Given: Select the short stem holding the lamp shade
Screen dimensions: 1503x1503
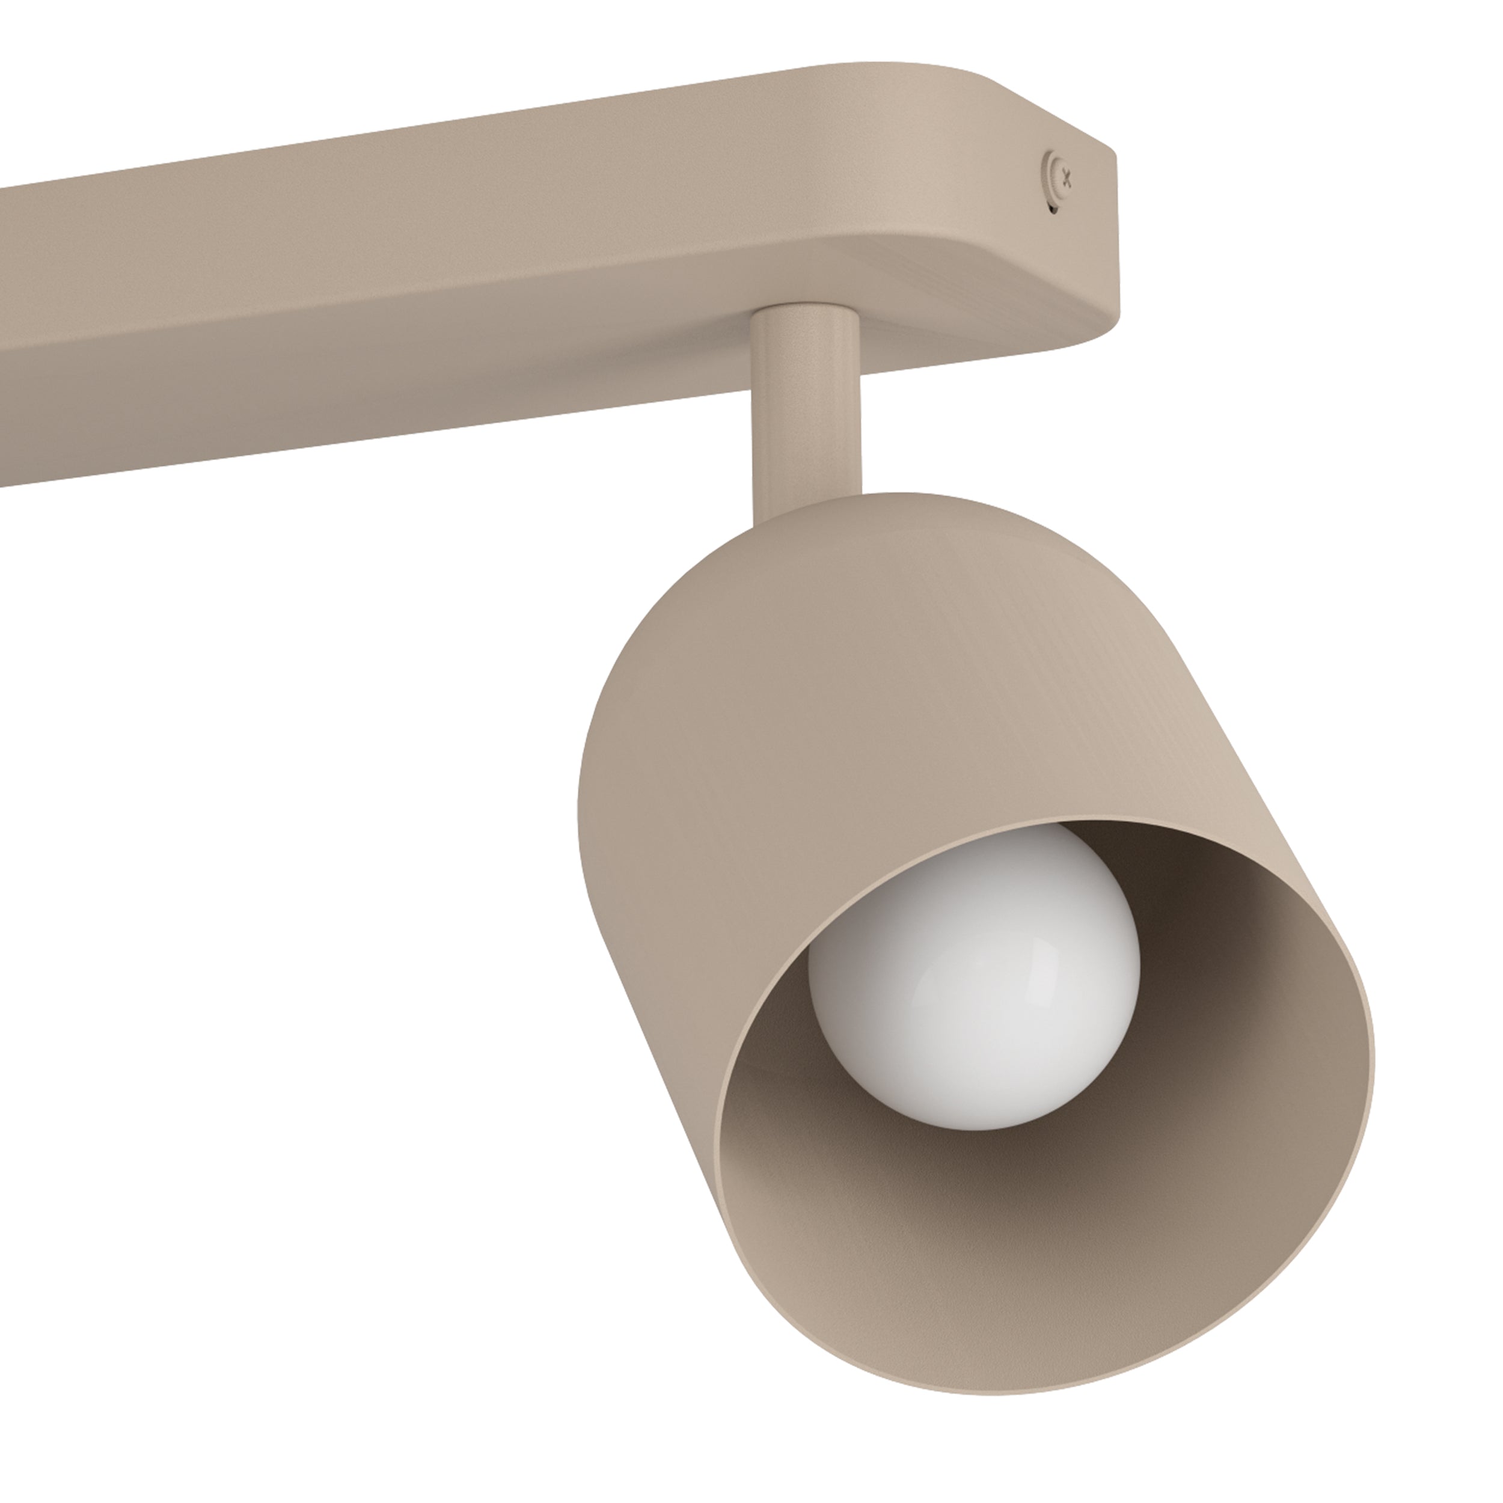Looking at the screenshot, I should [807, 405].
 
